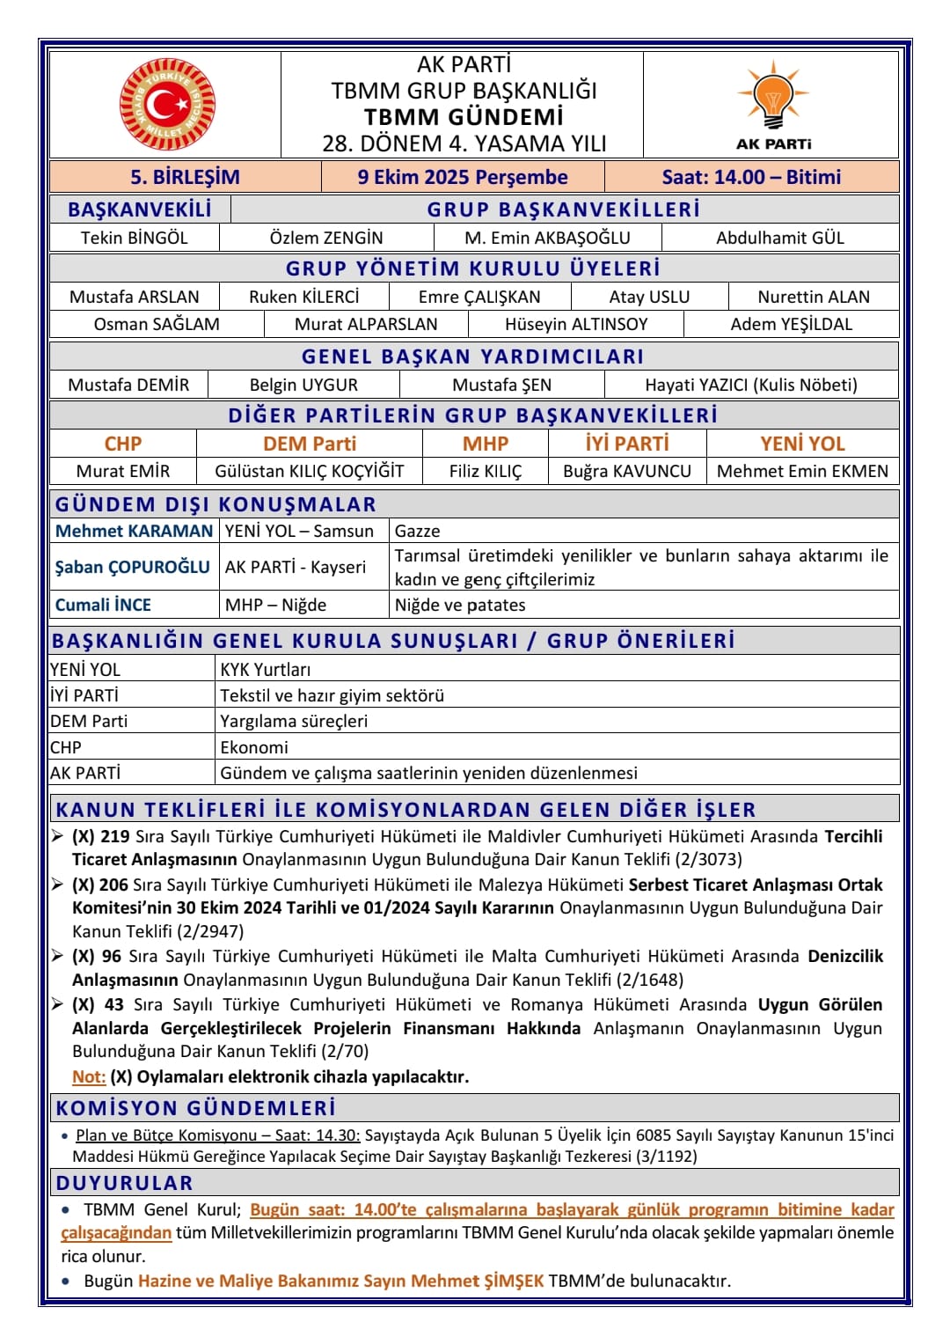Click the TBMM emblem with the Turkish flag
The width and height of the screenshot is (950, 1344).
tap(167, 105)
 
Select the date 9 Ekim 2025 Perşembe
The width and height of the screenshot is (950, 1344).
tap(462, 177)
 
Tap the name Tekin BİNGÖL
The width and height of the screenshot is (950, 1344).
tap(135, 238)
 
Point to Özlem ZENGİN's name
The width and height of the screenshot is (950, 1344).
tap(326, 238)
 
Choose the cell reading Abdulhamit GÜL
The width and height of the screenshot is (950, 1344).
tap(779, 238)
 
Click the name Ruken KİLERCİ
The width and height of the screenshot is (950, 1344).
tap(304, 297)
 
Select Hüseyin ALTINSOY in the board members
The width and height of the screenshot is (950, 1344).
tap(576, 324)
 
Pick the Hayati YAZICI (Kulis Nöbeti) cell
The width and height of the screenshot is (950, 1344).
tap(750, 385)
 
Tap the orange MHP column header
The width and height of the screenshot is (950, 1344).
tap(486, 444)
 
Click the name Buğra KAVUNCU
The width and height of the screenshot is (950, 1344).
tap(627, 471)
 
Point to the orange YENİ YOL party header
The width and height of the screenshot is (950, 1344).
tap(802, 444)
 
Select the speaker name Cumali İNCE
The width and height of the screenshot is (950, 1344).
tap(103, 605)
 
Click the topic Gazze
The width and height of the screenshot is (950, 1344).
tap(417, 531)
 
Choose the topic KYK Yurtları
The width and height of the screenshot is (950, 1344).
tap(265, 670)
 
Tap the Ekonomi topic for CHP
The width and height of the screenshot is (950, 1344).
tap(254, 747)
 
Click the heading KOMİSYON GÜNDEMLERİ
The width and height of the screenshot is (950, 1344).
tap(196, 1108)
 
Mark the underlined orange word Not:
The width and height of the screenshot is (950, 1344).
tap(89, 1076)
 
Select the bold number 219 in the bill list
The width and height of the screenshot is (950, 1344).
tap(114, 836)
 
